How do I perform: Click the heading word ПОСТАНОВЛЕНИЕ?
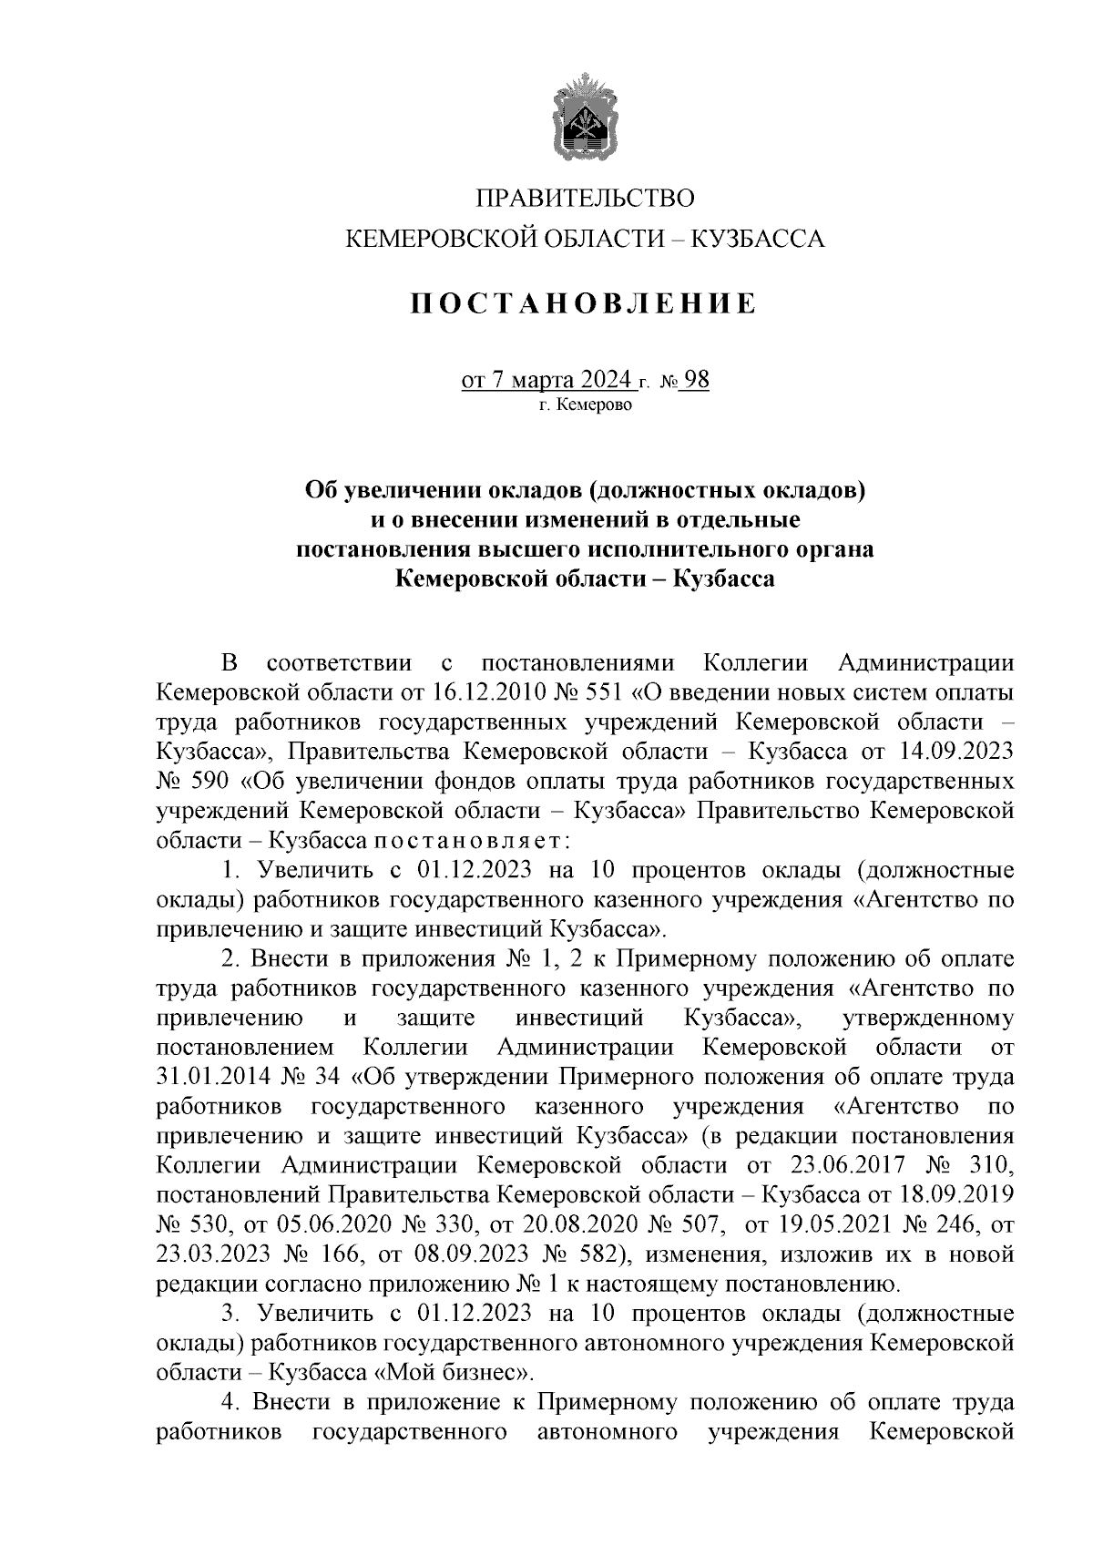[x=583, y=303]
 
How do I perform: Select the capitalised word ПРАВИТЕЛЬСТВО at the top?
[x=586, y=198]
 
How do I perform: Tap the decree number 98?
[x=696, y=379]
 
